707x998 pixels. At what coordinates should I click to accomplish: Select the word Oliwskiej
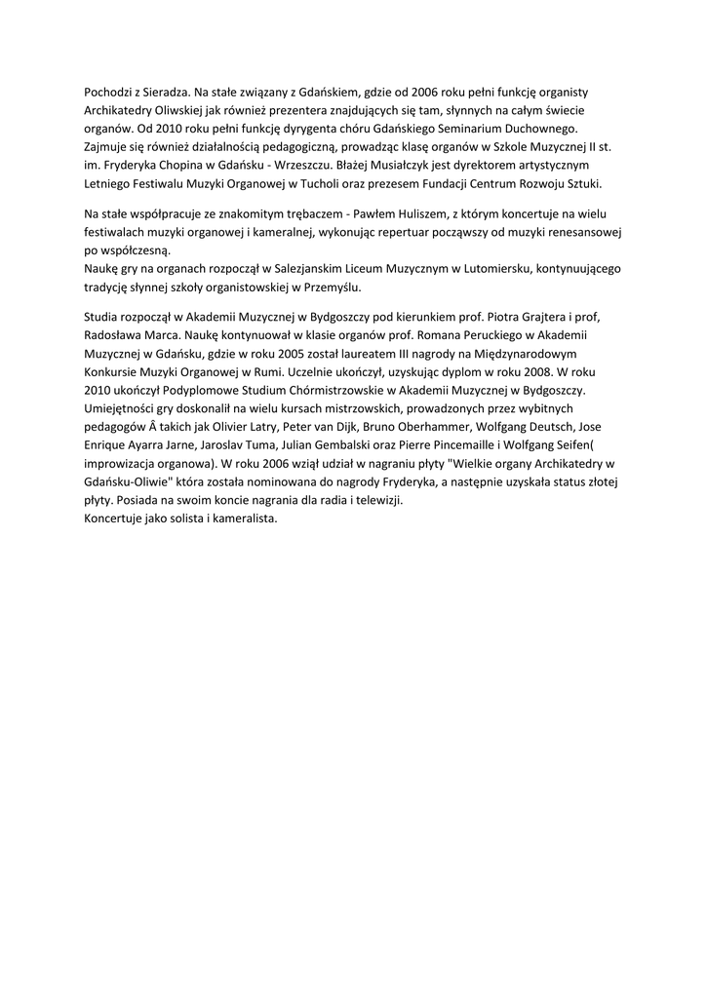click(187, 110)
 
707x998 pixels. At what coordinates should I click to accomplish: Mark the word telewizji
click(376, 500)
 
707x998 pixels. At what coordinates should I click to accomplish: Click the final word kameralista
click(241, 518)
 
